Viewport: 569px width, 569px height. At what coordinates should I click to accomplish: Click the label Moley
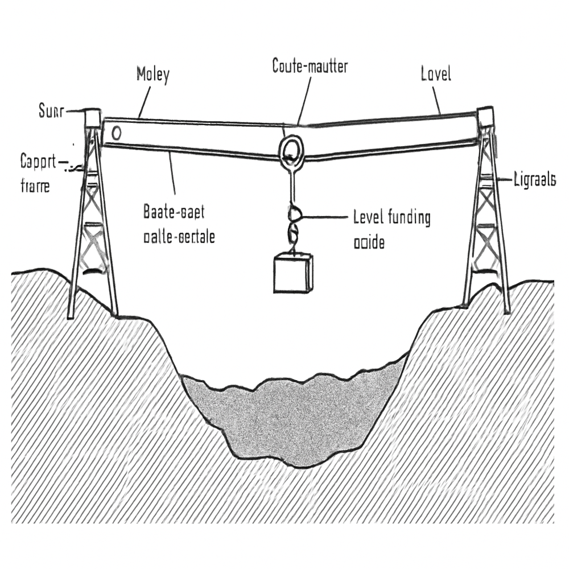(x=152, y=75)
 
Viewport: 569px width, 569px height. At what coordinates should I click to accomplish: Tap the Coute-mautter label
(x=310, y=66)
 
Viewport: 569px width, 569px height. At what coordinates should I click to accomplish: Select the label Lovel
(x=436, y=74)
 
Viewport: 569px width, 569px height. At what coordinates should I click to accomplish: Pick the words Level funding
(x=391, y=218)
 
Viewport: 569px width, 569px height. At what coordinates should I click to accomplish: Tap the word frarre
(x=35, y=185)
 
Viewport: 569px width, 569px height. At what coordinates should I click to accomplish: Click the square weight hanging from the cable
(x=293, y=274)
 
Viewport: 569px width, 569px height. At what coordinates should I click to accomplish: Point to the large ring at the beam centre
(x=291, y=149)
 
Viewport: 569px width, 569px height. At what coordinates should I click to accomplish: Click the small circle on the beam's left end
(x=117, y=133)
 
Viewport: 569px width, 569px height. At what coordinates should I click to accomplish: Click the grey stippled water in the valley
(x=296, y=415)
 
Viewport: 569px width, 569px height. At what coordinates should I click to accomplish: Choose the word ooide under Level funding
(x=369, y=242)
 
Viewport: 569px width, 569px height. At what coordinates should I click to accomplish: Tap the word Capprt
(x=39, y=162)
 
